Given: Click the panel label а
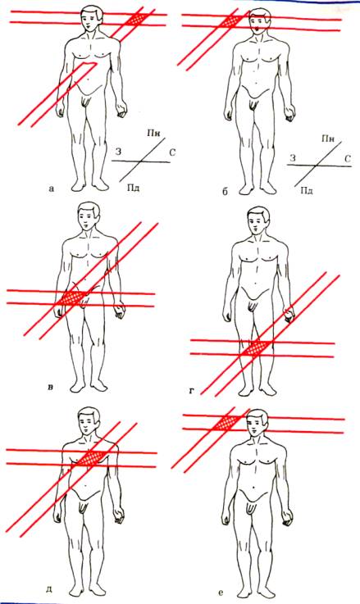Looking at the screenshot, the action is (x=52, y=188).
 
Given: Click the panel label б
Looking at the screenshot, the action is (x=225, y=192).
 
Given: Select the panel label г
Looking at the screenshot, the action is (x=192, y=392).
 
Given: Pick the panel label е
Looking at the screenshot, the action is (x=220, y=593).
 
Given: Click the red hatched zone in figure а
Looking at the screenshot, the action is (x=139, y=19).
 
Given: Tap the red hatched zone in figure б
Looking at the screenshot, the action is (x=233, y=20).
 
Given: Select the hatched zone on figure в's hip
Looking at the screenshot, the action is (x=73, y=298).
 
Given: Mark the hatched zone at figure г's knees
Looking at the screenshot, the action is (x=254, y=348).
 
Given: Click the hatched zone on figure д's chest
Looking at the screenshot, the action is (x=90, y=458).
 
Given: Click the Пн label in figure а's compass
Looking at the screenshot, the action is (x=154, y=134).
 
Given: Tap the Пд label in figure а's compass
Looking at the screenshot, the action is (x=133, y=188).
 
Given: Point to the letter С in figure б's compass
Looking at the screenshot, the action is (x=347, y=158).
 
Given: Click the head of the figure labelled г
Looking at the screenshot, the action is (x=257, y=220).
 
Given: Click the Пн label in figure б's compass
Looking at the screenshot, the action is (x=328, y=138).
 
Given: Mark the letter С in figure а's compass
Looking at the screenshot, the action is (x=172, y=153).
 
